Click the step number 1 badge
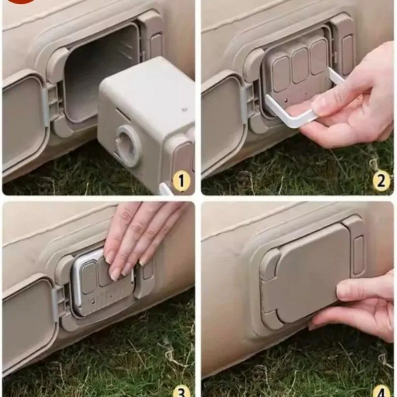[x=181, y=181]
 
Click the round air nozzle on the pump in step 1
[x=127, y=146]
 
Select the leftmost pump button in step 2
[x=281, y=73]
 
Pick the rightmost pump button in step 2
[x=318, y=57]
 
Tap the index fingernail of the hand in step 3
[x=115, y=275]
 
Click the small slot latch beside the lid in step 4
[x=358, y=256]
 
